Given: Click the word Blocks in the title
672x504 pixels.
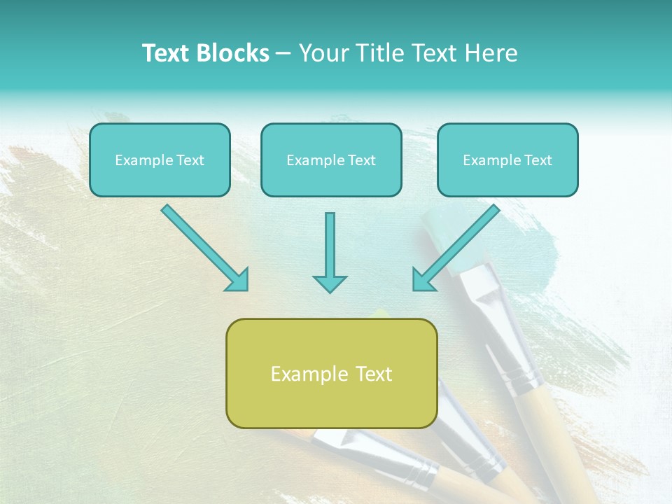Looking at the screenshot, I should tap(232, 53).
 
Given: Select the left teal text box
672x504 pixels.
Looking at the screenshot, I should tap(160, 178).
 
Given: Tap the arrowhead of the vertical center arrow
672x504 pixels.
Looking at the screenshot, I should tap(330, 283).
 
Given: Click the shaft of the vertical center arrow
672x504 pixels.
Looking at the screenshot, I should tap(330, 241).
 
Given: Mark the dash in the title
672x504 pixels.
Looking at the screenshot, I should tap(283, 54).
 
